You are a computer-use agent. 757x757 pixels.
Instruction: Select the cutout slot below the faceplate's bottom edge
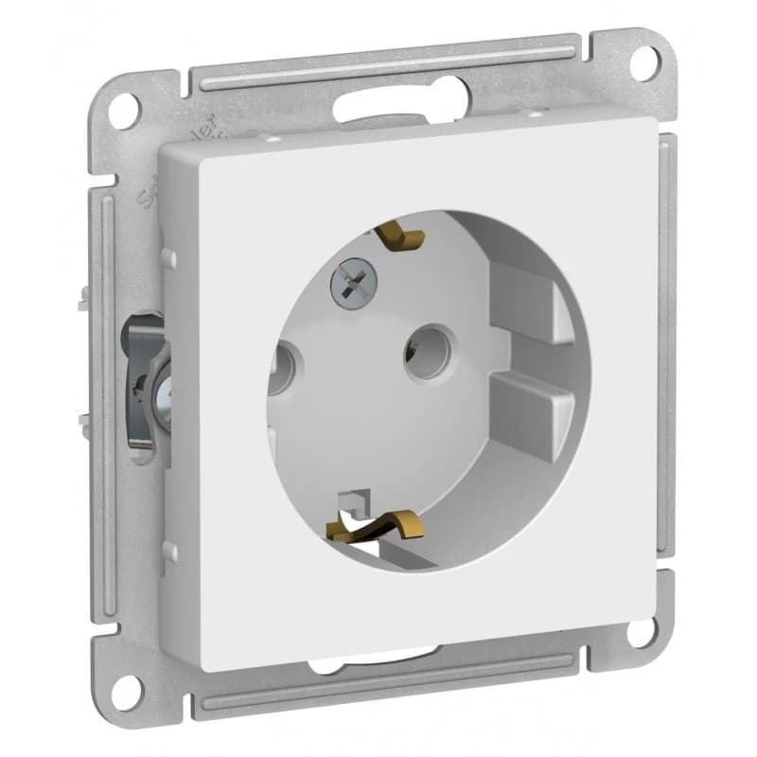coord(378,660)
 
